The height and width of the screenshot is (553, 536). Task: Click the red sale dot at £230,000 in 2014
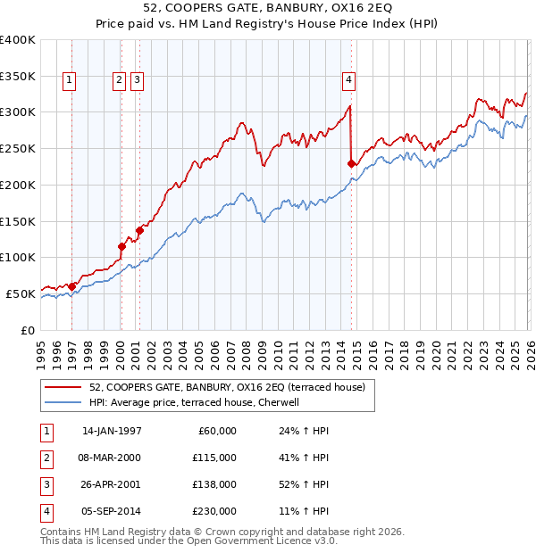[x=351, y=163]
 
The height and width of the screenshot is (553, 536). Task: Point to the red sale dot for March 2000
[x=121, y=246]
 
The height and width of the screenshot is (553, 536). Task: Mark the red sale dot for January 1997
[x=72, y=286]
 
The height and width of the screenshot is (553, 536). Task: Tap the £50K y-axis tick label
[x=21, y=293]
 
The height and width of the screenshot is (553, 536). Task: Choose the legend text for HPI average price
[x=197, y=402]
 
